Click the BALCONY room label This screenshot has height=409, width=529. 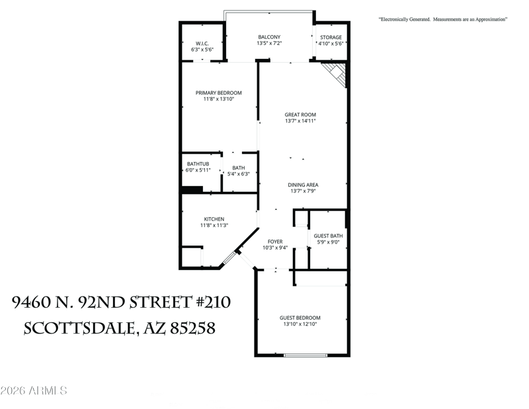(x=269, y=37)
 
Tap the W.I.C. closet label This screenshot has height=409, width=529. (x=202, y=43)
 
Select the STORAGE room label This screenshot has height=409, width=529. (x=331, y=38)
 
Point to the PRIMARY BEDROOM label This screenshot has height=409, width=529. (x=218, y=93)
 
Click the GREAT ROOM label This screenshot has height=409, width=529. (x=300, y=114)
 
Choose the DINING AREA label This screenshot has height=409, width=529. (x=304, y=185)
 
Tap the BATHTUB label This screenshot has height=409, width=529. (x=198, y=164)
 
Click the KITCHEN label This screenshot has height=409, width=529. (x=214, y=219)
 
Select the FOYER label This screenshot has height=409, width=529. (x=275, y=242)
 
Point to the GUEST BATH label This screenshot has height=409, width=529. (x=328, y=236)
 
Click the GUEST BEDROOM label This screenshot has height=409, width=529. (x=300, y=318)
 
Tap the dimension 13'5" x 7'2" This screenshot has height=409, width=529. (x=269, y=44)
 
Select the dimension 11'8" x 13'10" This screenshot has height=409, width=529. (x=218, y=99)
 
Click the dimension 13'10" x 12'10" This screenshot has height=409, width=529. (x=300, y=324)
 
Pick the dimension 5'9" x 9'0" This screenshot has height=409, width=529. (x=328, y=242)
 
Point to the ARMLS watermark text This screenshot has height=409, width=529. (x=34, y=390)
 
